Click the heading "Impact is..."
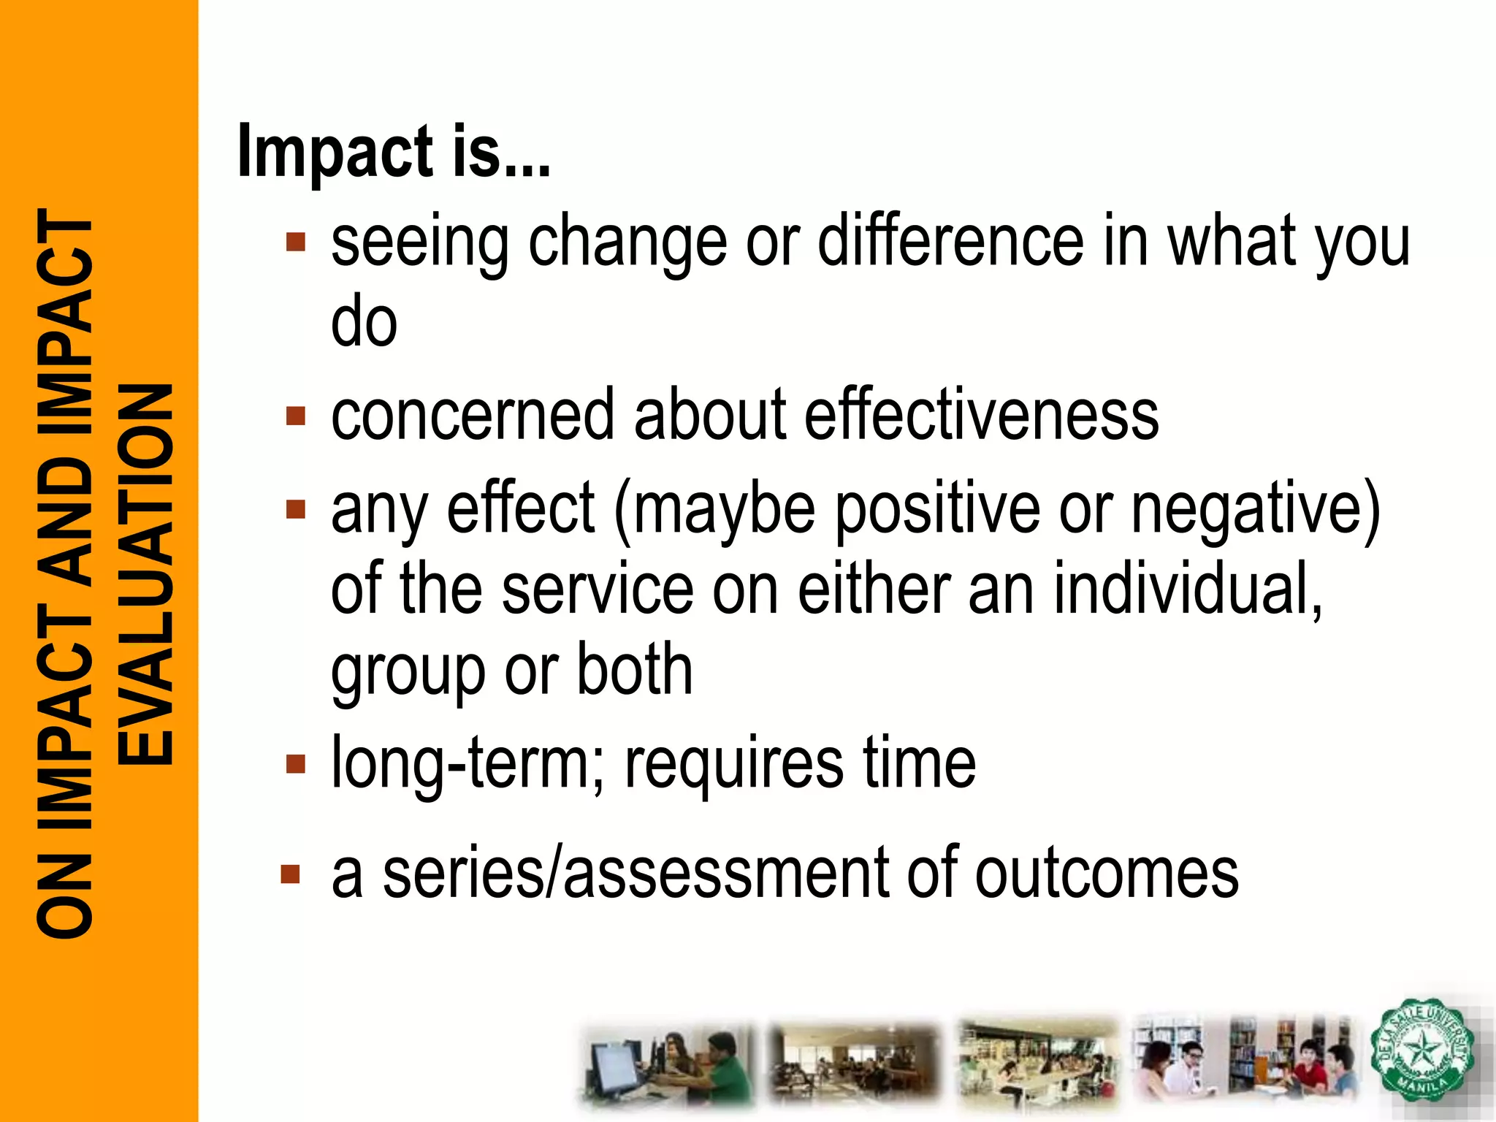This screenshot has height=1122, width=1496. [394, 151]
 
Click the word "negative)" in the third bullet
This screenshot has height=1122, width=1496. [1256, 509]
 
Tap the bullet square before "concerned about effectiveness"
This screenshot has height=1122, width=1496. [296, 416]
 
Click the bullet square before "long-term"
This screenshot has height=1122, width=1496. [296, 764]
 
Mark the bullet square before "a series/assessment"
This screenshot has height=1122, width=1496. [291, 874]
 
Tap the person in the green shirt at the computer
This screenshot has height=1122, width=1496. [723, 1070]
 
